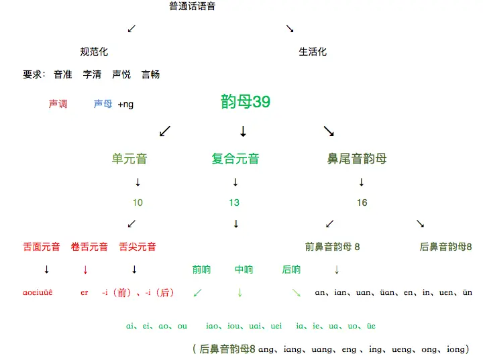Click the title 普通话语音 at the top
pyautogui.click(x=193, y=7)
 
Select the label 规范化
pyautogui.click(x=94, y=52)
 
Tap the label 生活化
pyautogui.click(x=313, y=52)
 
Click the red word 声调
pyautogui.click(x=58, y=104)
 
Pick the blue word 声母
pyautogui.click(x=103, y=104)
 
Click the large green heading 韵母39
pyautogui.click(x=246, y=101)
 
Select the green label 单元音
pyautogui.click(x=129, y=159)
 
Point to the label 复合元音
pyautogui.click(x=235, y=159)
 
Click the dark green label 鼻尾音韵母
pyautogui.click(x=357, y=159)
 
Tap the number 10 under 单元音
pyautogui.click(x=138, y=202)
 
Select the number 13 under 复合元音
pyautogui.click(x=234, y=202)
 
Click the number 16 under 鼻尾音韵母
pyautogui.click(x=362, y=202)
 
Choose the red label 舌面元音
pyautogui.click(x=42, y=247)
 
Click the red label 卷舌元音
pyautogui.click(x=89, y=247)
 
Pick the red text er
pyautogui.click(x=84, y=292)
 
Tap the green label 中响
pyautogui.click(x=244, y=269)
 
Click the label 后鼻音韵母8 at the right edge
pyautogui.click(x=445, y=247)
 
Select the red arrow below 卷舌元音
pyautogui.click(x=85, y=269)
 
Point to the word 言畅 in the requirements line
pyautogui.click(x=150, y=74)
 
